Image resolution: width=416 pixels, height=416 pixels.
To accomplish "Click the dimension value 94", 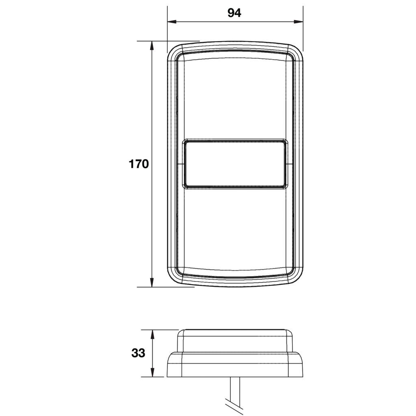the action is coord(234,13).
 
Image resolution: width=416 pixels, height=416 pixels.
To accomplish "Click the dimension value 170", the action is coord(139,164).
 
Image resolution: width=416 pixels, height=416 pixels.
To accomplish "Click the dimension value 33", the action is coord(138,353).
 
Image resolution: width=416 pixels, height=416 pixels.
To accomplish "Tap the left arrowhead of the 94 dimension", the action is coord(172,22).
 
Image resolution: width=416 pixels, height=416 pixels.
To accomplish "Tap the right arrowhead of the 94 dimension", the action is coord(299,22).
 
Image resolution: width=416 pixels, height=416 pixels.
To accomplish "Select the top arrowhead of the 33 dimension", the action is coord(152,334).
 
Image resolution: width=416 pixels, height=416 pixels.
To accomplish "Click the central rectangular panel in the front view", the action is coord(235,164).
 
